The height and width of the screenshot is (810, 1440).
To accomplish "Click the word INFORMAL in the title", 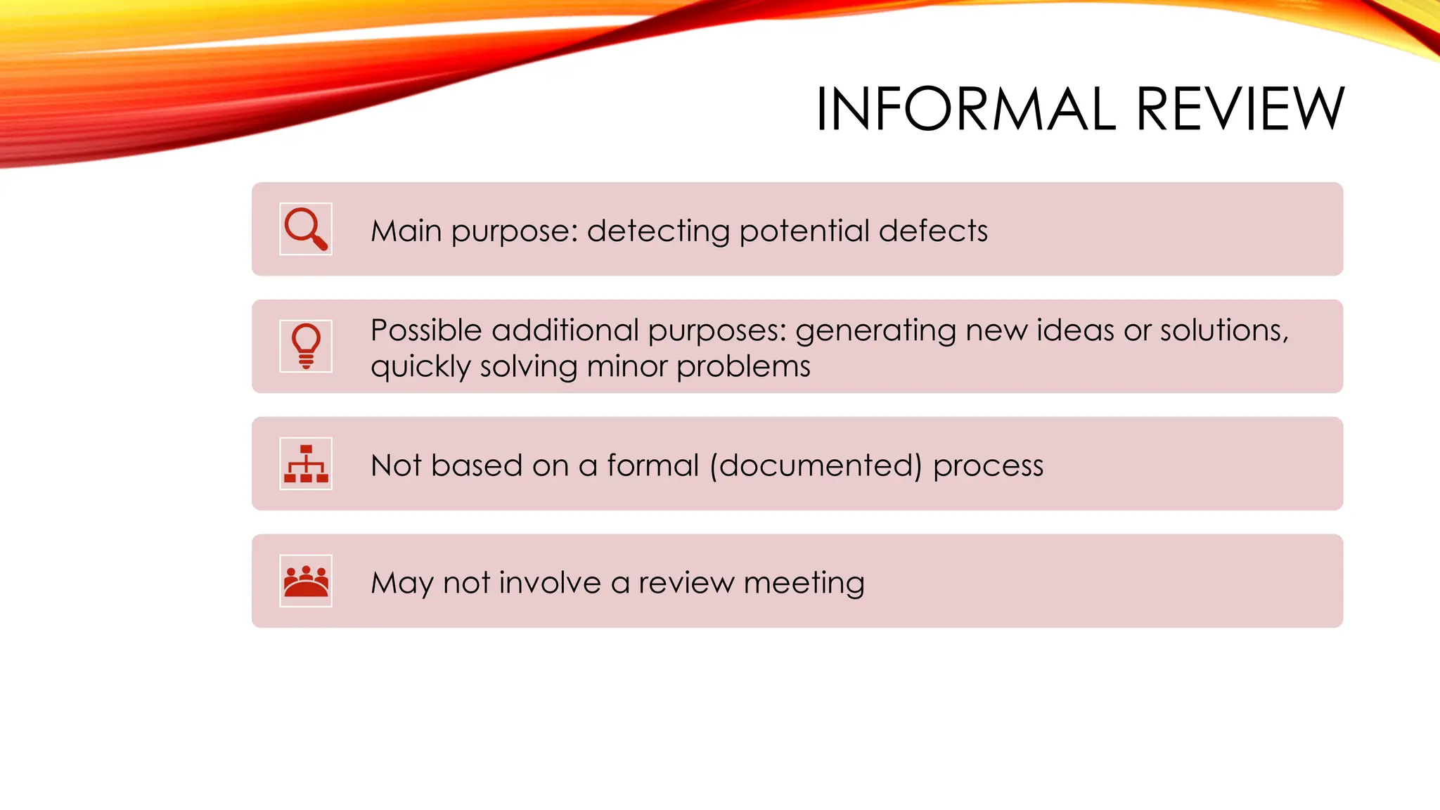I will [x=965, y=109].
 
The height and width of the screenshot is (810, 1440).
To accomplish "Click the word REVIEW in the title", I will [x=1240, y=109].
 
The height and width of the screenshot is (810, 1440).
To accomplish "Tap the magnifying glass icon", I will [x=306, y=229].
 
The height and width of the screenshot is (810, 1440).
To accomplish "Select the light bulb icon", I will [x=306, y=346].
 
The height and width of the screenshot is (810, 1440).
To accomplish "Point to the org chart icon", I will [x=306, y=463].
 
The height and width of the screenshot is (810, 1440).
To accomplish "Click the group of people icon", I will [x=306, y=581].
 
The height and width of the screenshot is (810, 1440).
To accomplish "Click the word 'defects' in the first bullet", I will [x=933, y=231].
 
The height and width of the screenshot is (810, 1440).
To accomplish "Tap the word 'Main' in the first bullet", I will [x=406, y=231].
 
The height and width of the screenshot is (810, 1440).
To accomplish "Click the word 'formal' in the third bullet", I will [x=653, y=465].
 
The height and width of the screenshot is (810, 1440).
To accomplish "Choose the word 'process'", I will [x=988, y=466].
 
